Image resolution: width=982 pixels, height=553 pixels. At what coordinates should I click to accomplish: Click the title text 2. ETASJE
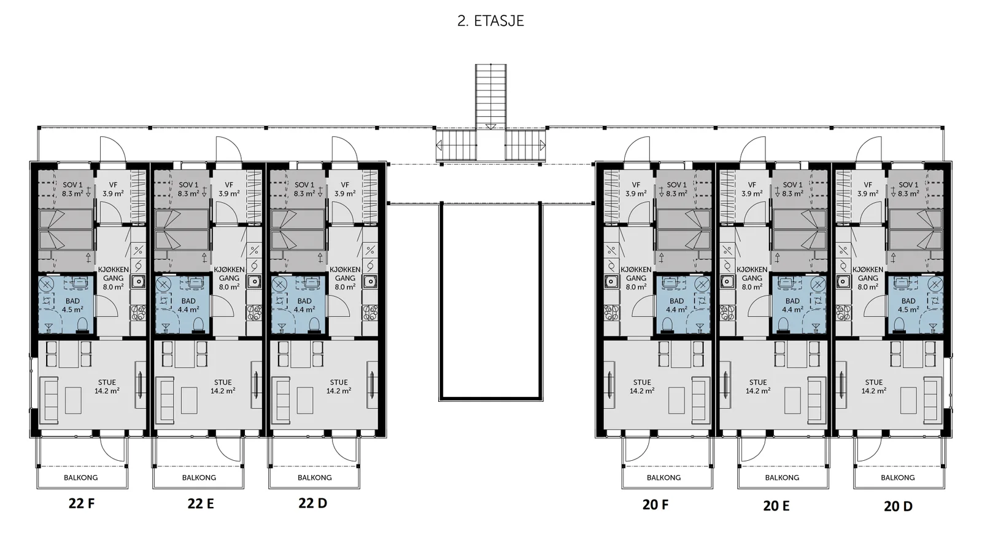(x=490, y=21)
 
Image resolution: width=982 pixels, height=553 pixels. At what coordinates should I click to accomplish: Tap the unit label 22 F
(x=82, y=503)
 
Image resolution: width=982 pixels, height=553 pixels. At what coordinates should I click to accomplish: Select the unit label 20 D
(x=898, y=506)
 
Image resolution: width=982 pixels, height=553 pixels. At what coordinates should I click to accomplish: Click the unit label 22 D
(x=312, y=503)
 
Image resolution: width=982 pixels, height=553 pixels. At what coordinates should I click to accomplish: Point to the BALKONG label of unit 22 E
(x=199, y=477)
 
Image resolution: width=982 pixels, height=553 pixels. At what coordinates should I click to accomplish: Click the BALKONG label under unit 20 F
(x=663, y=477)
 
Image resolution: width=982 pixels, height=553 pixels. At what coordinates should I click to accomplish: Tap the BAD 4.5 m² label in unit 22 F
(x=73, y=305)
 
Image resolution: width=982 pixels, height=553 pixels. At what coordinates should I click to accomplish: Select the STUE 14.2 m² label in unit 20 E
(x=758, y=386)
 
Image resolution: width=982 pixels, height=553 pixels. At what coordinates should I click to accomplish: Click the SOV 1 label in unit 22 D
(x=304, y=185)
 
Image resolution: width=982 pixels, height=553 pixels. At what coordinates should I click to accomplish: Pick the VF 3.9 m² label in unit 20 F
(x=636, y=189)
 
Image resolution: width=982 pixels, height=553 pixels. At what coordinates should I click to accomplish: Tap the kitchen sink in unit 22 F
(x=139, y=281)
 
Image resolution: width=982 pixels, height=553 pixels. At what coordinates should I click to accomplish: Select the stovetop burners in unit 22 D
(x=371, y=312)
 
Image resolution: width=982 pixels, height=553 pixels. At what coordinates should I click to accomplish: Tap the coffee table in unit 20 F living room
(x=676, y=400)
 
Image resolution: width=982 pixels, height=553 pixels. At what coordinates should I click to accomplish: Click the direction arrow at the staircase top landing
(x=491, y=127)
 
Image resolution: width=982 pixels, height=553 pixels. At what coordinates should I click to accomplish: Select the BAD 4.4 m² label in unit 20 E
(x=792, y=305)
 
